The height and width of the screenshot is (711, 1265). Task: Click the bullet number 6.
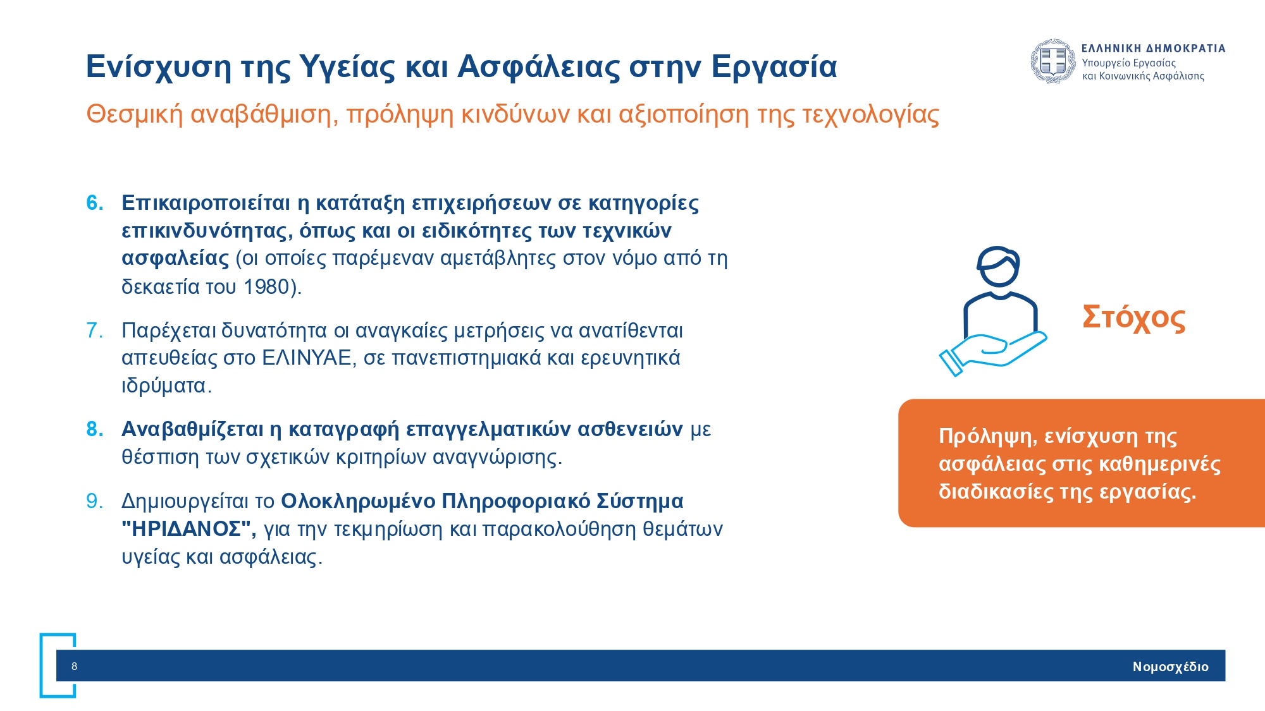tap(94, 203)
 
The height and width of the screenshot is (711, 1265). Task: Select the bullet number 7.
tap(94, 331)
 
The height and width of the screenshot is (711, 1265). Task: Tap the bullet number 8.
tap(94, 429)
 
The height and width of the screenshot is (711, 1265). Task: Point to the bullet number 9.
tap(94, 501)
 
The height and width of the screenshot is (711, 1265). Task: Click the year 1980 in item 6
tap(266, 287)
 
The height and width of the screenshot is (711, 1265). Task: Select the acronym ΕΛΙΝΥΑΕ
tap(306, 358)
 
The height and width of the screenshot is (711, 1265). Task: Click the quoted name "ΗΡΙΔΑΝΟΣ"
tap(188, 529)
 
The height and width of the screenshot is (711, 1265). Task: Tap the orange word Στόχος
tap(1133, 317)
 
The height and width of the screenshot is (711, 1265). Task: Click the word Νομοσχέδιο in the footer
tap(1170, 667)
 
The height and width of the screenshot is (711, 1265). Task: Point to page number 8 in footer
tap(74, 666)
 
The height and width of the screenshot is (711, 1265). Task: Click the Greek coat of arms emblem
tap(1053, 61)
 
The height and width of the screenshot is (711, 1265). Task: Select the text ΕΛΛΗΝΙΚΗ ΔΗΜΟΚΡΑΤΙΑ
tap(1153, 48)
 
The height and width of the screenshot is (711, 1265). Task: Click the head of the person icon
tap(998, 266)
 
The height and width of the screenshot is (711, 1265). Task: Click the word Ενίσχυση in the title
tap(158, 66)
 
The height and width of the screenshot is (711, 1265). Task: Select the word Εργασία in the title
tap(774, 66)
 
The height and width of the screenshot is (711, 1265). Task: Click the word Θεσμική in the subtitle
tap(134, 114)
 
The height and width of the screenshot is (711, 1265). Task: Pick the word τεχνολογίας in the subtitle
tap(870, 114)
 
